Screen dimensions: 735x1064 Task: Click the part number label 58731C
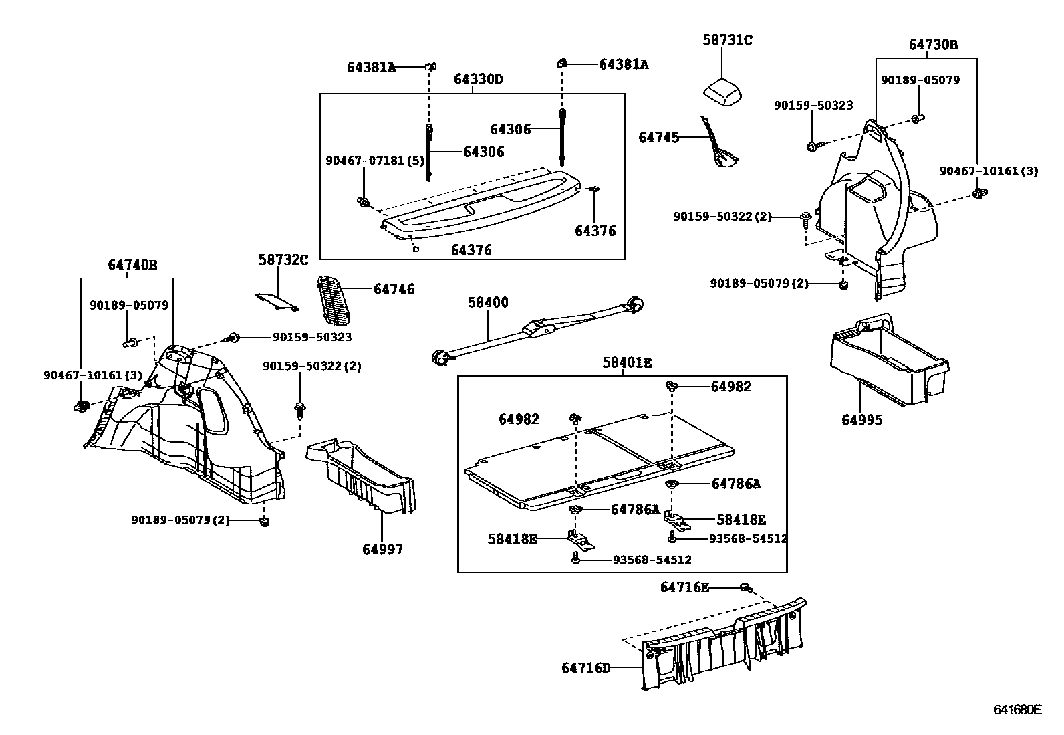tap(727, 41)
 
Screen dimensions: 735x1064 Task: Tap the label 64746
tap(394, 289)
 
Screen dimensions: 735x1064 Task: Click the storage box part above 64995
tap(889, 361)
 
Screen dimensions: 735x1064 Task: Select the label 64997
tap(382, 550)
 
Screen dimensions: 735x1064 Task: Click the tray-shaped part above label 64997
tap(362, 476)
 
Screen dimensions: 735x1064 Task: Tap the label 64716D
tap(585, 668)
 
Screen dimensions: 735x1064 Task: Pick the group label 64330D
tap(478, 80)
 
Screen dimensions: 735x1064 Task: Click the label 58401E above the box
tap(626, 363)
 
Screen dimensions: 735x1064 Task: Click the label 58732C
tap(283, 259)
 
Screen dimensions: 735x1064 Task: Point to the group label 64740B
tap(132, 266)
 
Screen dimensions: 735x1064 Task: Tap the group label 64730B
tap(933, 45)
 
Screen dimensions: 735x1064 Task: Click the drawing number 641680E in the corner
tap(1017, 710)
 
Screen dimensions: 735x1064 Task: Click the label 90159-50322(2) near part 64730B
tap(722, 217)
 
